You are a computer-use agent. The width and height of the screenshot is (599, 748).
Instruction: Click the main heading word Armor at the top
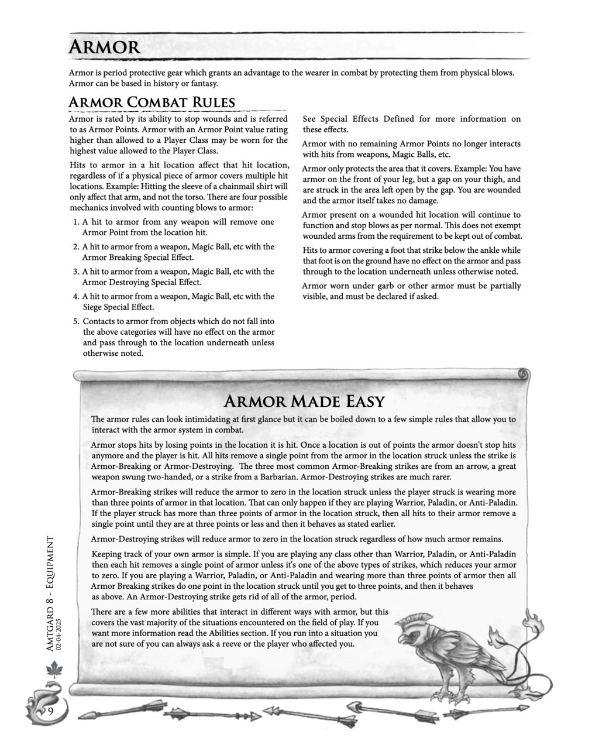click(x=104, y=47)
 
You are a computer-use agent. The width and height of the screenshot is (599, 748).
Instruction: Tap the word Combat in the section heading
click(x=156, y=103)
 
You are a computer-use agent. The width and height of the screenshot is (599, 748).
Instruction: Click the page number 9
click(x=50, y=711)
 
